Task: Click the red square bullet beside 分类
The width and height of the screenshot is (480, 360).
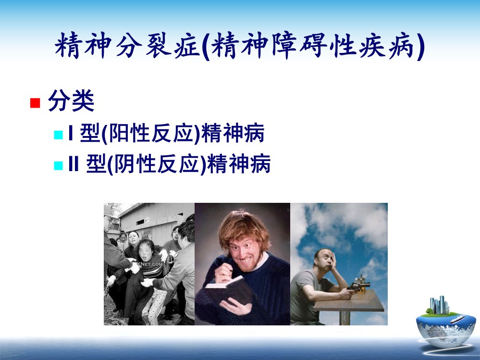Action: click(35, 103)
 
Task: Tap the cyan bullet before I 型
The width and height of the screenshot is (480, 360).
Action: click(58, 135)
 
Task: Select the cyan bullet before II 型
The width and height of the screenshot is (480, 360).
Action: click(58, 165)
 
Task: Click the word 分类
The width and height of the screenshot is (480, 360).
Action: click(71, 101)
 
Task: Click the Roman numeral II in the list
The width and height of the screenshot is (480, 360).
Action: click(74, 164)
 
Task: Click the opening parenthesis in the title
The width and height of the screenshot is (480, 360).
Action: click(206, 47)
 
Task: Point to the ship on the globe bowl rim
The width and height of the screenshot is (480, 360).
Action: click(457, 319)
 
